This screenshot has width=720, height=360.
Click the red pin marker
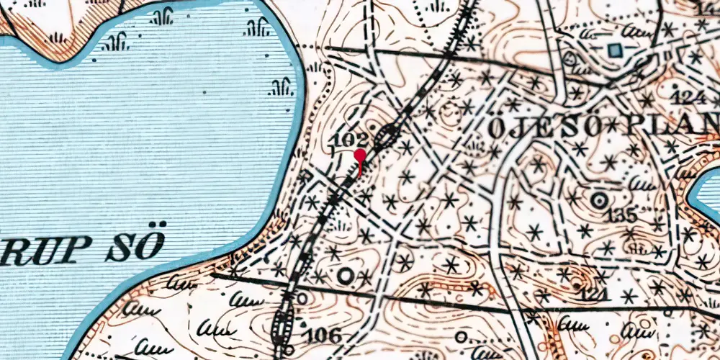359,156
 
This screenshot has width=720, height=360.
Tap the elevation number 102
352,139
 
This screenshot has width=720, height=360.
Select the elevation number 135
621,215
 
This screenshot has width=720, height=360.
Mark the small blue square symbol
614,50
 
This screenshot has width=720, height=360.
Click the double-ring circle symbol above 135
598,200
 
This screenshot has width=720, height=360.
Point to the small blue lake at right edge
706,194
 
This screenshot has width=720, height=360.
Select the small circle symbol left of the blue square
570,58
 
